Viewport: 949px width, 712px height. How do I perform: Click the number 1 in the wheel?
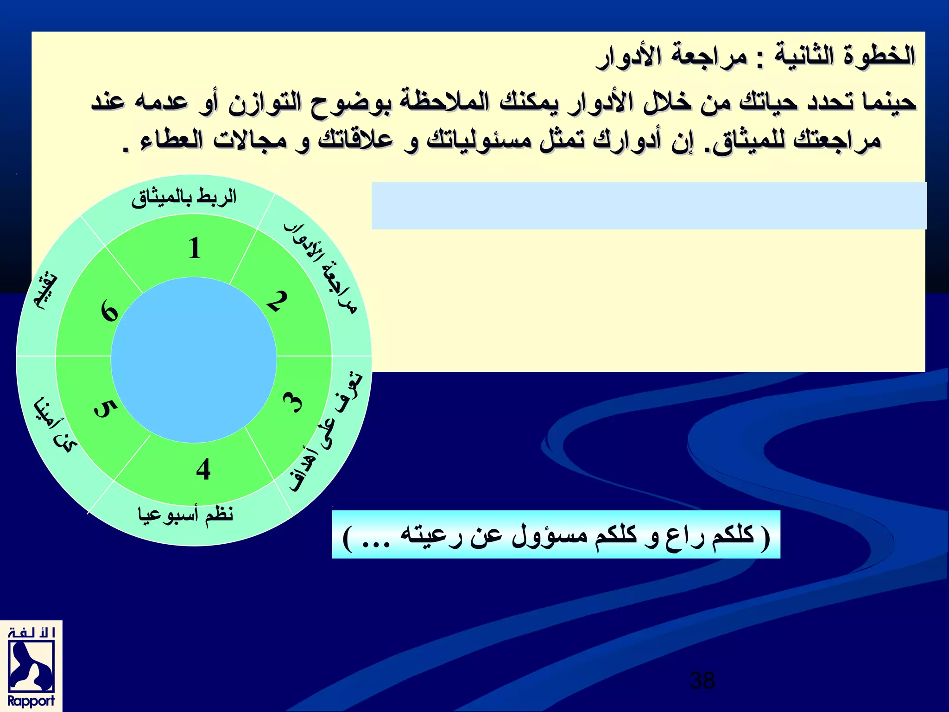[195, 248]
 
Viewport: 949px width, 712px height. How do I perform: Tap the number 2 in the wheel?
[277, 301]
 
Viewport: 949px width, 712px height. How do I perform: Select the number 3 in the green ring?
[293, 402]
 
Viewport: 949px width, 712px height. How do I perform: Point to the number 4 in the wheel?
[203, 469]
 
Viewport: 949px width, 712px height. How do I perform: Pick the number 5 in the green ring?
[106, 408]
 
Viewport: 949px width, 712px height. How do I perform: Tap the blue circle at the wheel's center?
[194, 360]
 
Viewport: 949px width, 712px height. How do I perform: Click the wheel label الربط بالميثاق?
[184, 198]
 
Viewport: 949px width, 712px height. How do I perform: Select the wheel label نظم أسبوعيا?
[185, 515]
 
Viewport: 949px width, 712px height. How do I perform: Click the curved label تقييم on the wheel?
[46, 292]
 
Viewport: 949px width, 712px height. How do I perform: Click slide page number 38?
[702, 680]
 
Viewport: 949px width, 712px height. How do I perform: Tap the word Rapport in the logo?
[31, 701]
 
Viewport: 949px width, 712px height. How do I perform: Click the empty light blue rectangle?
[649, 205]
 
